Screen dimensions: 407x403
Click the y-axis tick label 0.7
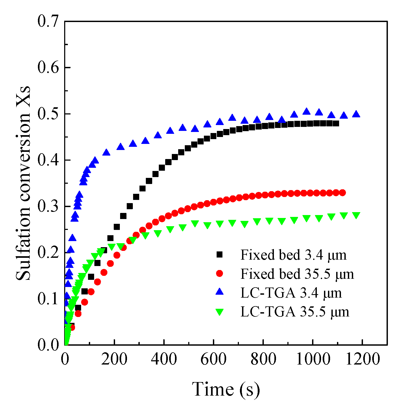coord(48,21)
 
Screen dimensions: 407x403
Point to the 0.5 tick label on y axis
coord(48,114)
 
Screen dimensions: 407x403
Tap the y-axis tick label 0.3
coord(48,206)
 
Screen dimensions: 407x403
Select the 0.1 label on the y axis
coord(48,299)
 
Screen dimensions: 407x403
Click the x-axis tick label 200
coord(114,359)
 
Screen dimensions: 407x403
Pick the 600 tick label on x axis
coord(213,359)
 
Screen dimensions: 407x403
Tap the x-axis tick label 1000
coord(313,359)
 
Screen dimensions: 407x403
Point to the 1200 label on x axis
coord(362,359)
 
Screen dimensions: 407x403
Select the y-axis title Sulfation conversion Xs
coord(23,183)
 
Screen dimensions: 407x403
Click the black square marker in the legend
coord(220,255)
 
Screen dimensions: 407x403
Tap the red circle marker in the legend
coord(220,273)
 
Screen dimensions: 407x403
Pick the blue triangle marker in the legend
coord(220,292)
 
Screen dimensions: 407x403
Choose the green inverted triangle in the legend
coord(220,312)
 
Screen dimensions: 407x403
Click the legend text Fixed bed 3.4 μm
coord(293,255)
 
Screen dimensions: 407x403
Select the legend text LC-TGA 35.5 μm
coord(295,312)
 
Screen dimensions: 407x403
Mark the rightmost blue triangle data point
coord(356,114)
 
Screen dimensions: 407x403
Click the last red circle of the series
coord(342,193)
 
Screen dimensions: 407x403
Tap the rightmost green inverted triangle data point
coord(356,215)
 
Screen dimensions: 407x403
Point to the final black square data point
coord(336,123)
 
